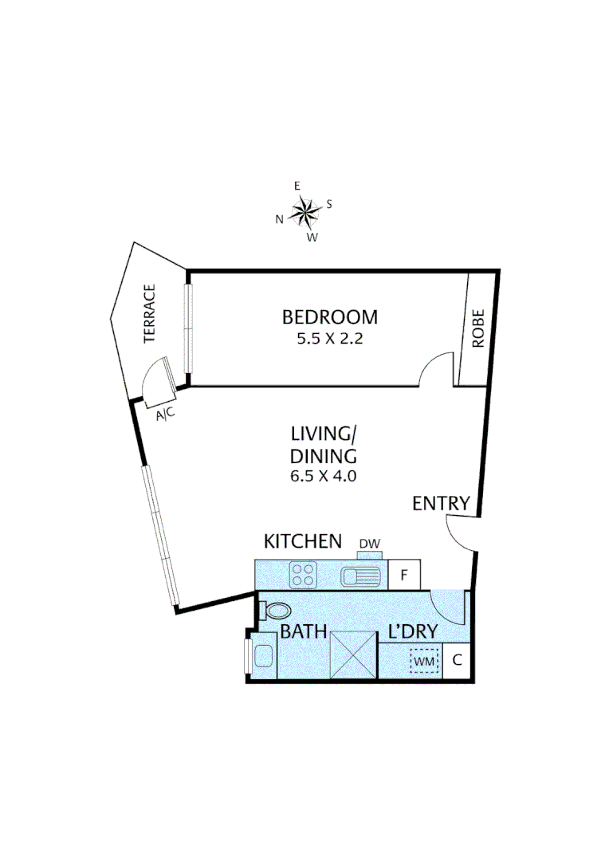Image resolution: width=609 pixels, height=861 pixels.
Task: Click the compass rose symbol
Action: click(304, 211)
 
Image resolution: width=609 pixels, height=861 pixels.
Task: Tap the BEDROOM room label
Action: click(330, 317)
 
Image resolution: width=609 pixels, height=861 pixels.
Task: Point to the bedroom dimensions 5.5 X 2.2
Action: click(330, 338)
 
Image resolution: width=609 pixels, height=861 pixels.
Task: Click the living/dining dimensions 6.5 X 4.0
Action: click(323, 477)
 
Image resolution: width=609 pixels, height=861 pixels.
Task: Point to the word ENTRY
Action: click(441, 503)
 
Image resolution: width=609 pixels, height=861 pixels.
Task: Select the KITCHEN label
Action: click(303, 541)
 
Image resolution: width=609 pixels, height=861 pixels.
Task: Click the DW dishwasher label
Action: click(369, 545)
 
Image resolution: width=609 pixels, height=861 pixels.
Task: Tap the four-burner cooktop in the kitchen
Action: click(303, 575)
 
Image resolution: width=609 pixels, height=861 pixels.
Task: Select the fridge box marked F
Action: click(404, 575)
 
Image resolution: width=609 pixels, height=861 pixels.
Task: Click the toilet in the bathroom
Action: click(276, 611)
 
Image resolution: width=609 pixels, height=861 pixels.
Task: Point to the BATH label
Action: click(303, 632)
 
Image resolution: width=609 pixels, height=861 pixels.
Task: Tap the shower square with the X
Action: click(352, 654)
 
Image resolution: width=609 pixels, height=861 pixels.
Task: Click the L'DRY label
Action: click(413, 632)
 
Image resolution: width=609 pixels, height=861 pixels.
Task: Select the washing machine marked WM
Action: click(424, 660)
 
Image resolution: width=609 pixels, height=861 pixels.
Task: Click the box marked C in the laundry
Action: click(457, 660)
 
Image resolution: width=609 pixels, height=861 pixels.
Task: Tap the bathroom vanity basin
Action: click(261, 658)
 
